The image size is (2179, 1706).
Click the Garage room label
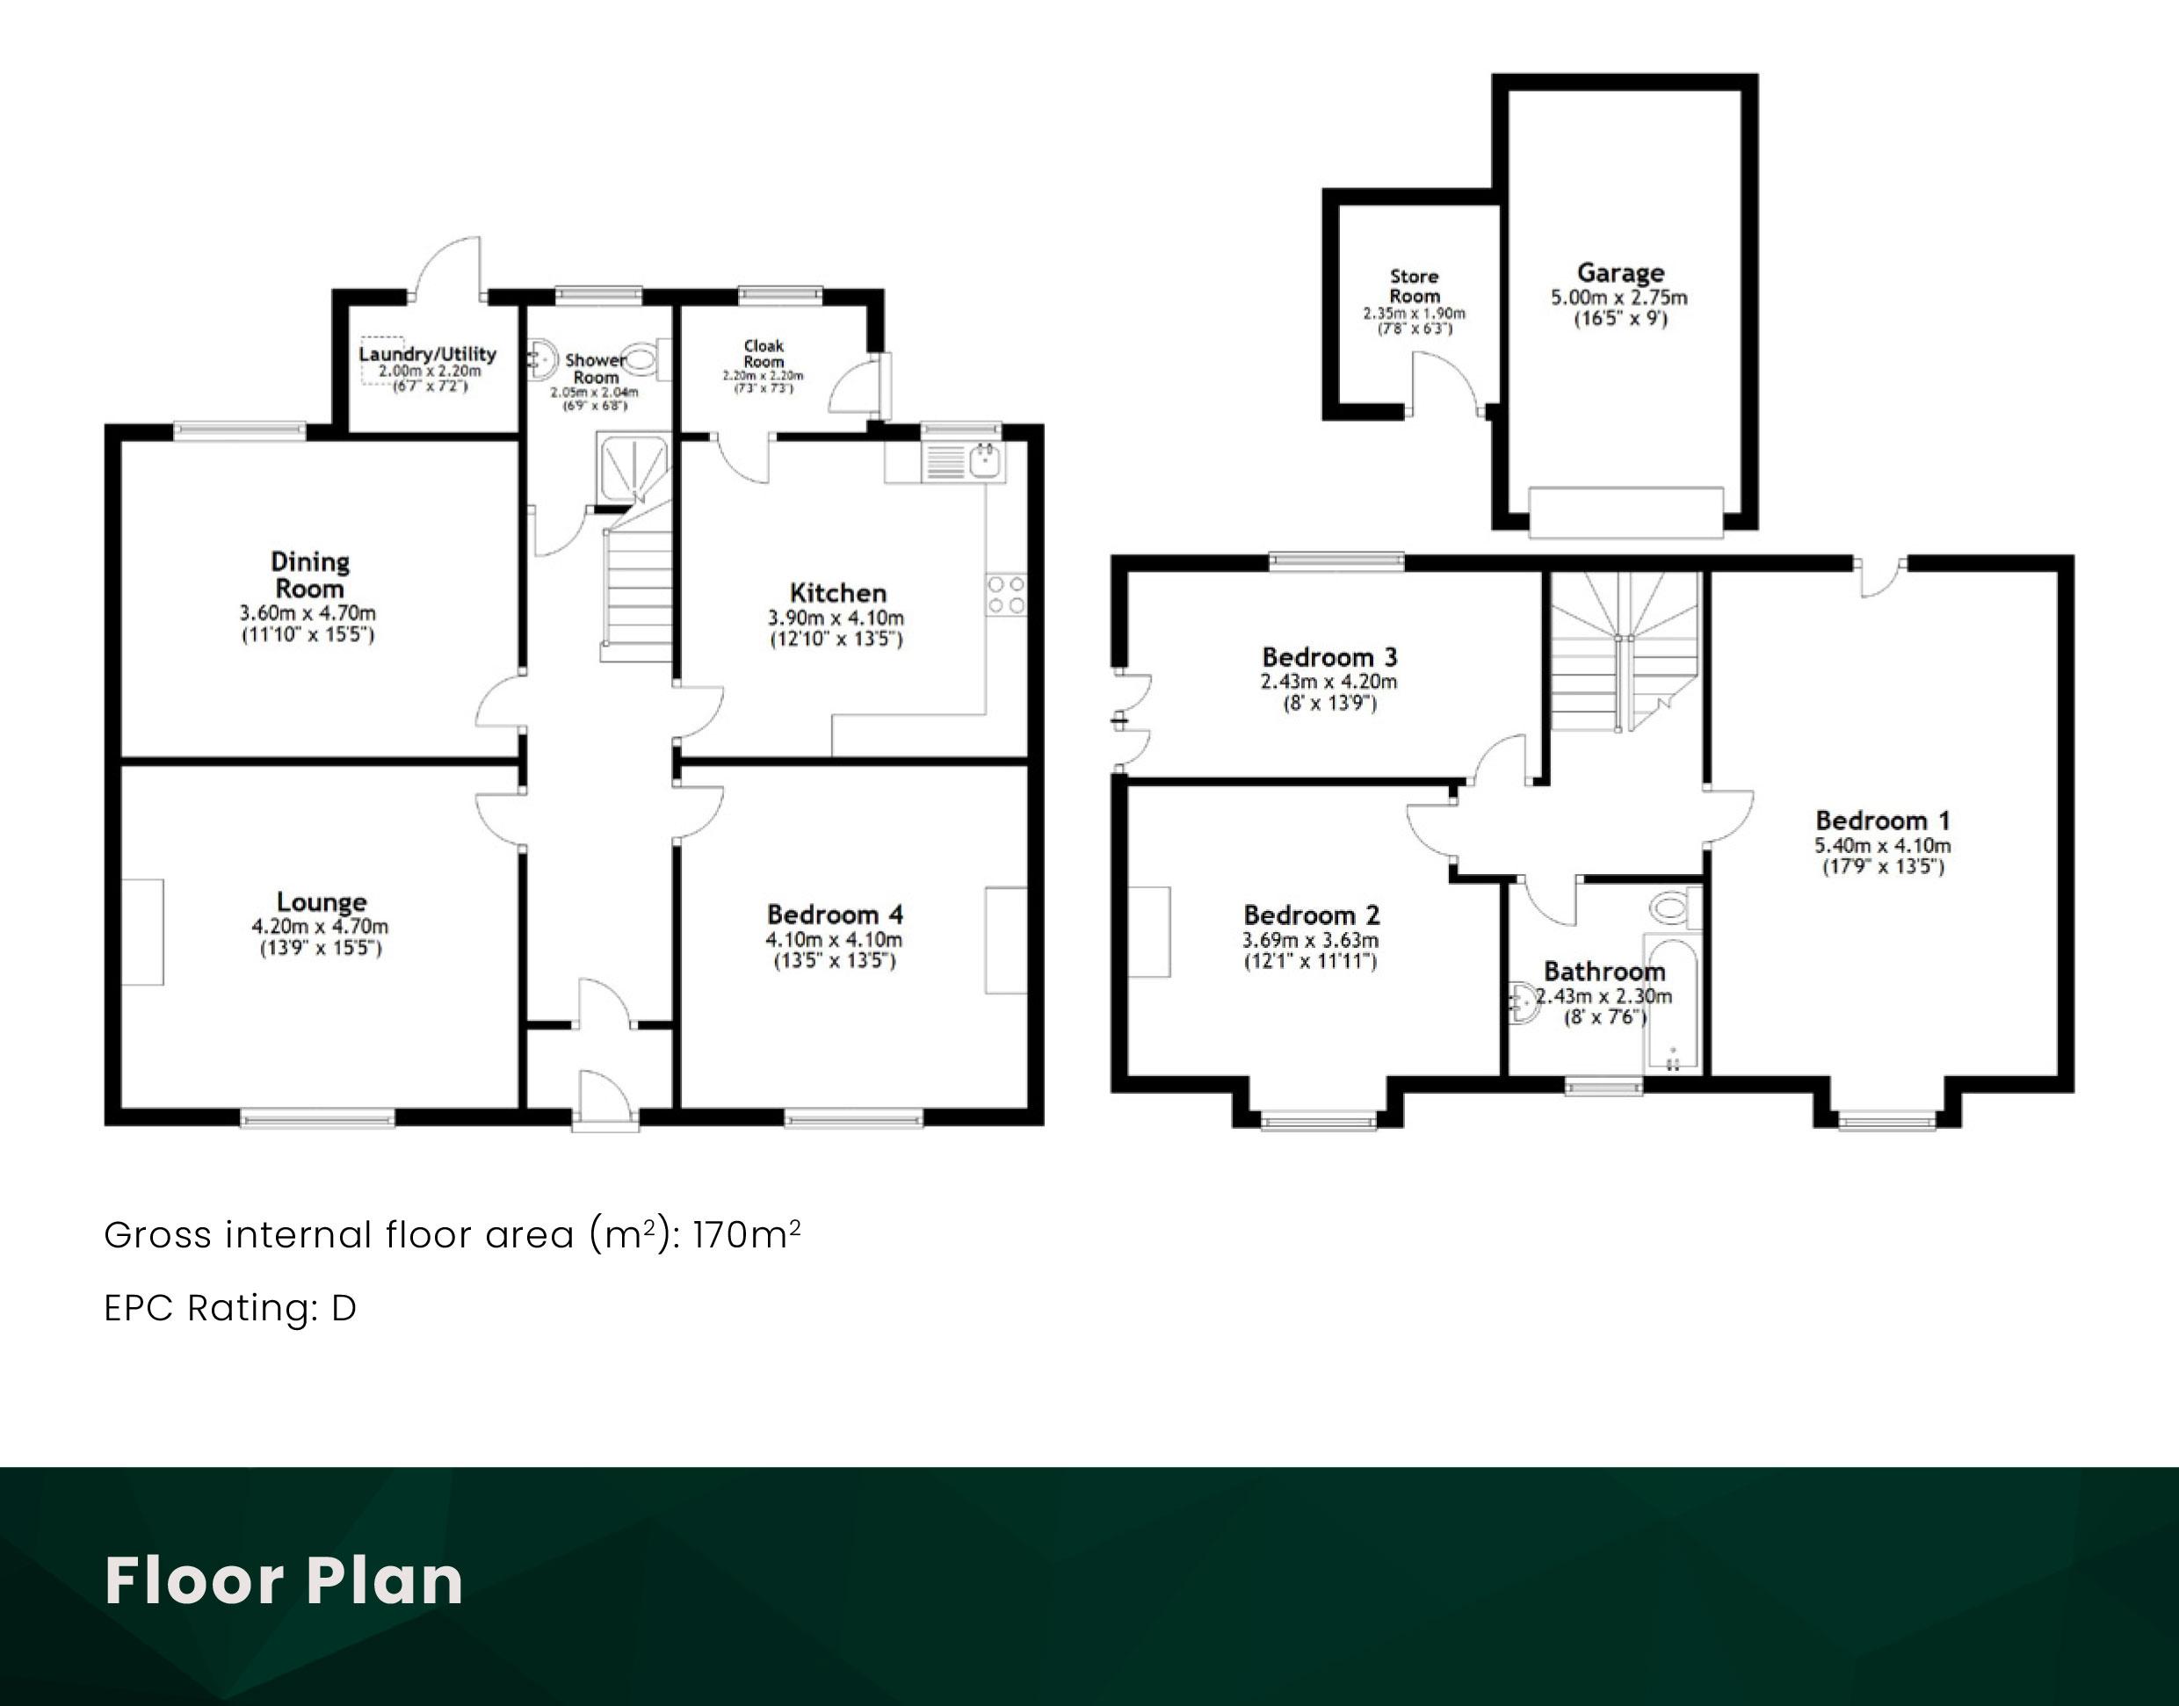tap(1620, 272)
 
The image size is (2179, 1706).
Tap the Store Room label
tap(1415, 286)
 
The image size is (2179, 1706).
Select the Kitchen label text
tap(837, 592)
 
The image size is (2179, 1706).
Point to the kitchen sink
tap(985, 459)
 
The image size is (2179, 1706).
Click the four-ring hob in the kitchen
tap(1006, 595)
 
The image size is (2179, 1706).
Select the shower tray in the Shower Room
tap(633, 468)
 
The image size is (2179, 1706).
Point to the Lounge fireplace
tap(143, 932)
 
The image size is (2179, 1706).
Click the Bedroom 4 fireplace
tap(1006, 940)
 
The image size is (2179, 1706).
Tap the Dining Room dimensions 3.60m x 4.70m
tap(308, 612)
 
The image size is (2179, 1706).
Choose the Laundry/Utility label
tap(428, 353)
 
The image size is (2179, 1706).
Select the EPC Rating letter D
tap(344, 1307)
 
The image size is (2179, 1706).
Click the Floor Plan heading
tap(284, 1580)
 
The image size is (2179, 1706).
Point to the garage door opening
tap(1626, 512)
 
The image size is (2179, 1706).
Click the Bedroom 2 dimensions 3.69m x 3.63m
tap(1310, 940)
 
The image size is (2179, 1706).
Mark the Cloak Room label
tap(764, 353)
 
